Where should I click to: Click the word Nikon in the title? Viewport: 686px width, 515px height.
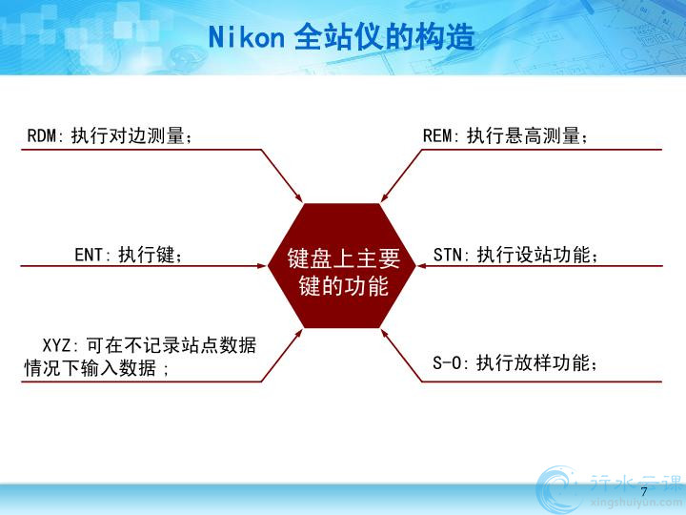[247, 37]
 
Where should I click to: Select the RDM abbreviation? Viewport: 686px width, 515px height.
[42, 135]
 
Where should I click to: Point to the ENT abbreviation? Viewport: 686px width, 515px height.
[90, 255]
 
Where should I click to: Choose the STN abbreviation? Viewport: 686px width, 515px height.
[448, 255]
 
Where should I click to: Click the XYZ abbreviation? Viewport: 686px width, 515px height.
[56, 345]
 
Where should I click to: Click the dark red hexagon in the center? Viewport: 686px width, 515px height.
[342, 265]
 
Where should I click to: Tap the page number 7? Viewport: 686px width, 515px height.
[643, 491]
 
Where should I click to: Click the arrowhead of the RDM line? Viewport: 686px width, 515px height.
[298, 197]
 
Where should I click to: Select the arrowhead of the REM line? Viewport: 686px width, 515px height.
[386, 197]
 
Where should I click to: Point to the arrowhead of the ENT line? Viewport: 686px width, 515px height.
[262, 266]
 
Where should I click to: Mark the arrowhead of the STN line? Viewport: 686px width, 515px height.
[422, 266]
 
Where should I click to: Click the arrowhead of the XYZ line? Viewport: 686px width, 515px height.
[298, 334]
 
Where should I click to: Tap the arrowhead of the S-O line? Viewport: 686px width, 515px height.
[386, 334]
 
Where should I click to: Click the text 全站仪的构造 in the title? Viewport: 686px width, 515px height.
[385, 37]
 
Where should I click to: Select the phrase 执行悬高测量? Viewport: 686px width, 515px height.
[523, 135]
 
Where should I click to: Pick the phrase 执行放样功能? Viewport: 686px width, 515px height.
[533, 363]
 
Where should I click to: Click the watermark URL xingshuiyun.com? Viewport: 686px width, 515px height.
[636, 503]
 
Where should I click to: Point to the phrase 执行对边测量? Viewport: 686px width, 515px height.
[128, 135]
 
